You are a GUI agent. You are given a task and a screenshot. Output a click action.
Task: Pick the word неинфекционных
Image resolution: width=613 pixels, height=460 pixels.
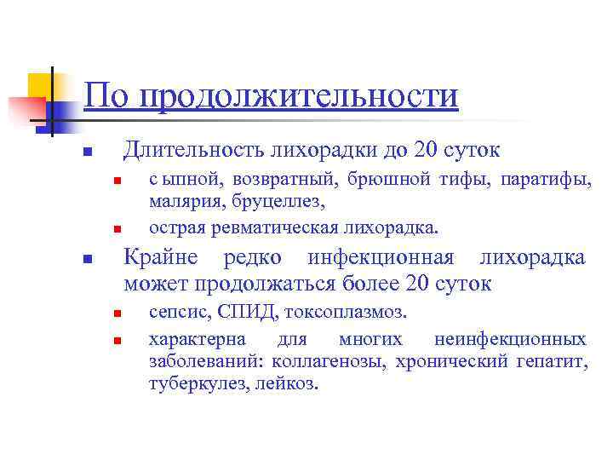click(510, 339)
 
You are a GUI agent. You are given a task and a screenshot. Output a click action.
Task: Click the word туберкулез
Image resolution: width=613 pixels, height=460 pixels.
click(198, 384)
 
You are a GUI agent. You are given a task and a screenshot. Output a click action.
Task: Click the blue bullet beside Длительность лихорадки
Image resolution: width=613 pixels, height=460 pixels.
click(87, 154)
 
